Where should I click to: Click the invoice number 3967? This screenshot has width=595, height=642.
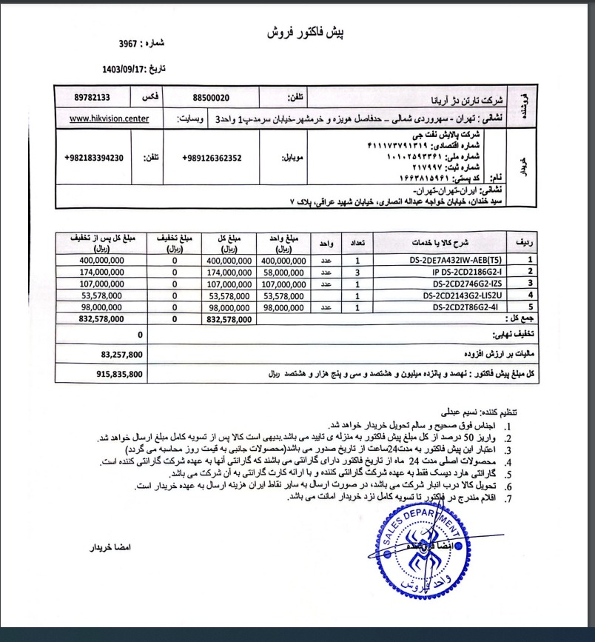(131, 44)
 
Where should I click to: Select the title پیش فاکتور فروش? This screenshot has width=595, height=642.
(305, 33)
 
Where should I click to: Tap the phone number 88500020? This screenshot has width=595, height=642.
(211, 97)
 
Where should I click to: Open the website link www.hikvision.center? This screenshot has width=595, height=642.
(109, 118)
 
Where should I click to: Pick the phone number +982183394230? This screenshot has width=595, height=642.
(104, 158)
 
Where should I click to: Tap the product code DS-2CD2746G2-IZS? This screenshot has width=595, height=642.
(459, 284)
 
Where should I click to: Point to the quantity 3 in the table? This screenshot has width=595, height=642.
(358, 272)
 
